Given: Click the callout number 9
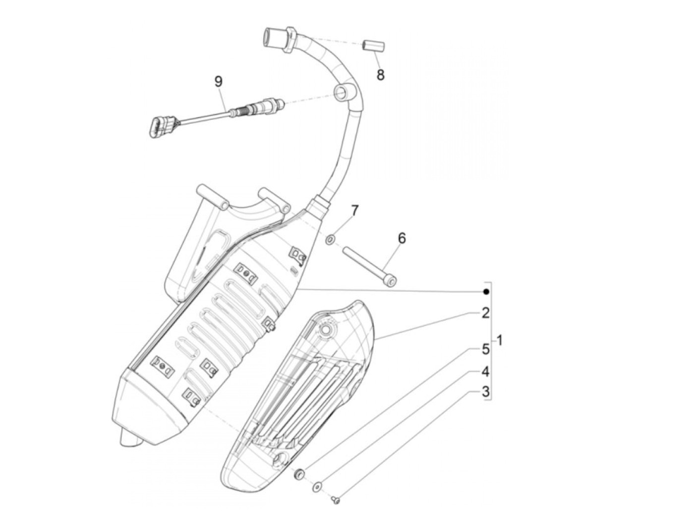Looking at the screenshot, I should click(x=219, y=81).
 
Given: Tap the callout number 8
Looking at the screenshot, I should click(x=380, y=75).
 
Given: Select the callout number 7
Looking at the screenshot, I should click(x=354, y=210).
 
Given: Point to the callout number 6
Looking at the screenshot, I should click(x=402, y=238).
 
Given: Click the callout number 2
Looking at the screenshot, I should click(x=485, y=313).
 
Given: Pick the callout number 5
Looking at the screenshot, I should click(x=485, y=349).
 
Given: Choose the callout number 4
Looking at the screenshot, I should click(x=485, y=371).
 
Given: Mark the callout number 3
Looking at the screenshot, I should click(x=485, y=392).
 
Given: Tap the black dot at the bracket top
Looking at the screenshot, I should click(x=486, y=292).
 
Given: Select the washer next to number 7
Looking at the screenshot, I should click(x=330, y=240).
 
